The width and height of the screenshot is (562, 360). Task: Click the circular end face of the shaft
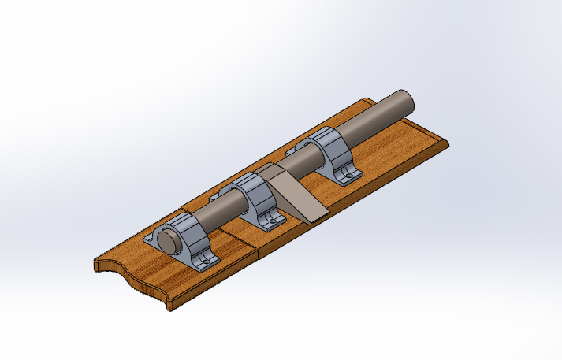[167, 239]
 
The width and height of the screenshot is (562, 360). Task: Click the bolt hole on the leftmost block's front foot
[207, 261]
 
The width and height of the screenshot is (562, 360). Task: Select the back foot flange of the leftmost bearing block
[154, 236]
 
